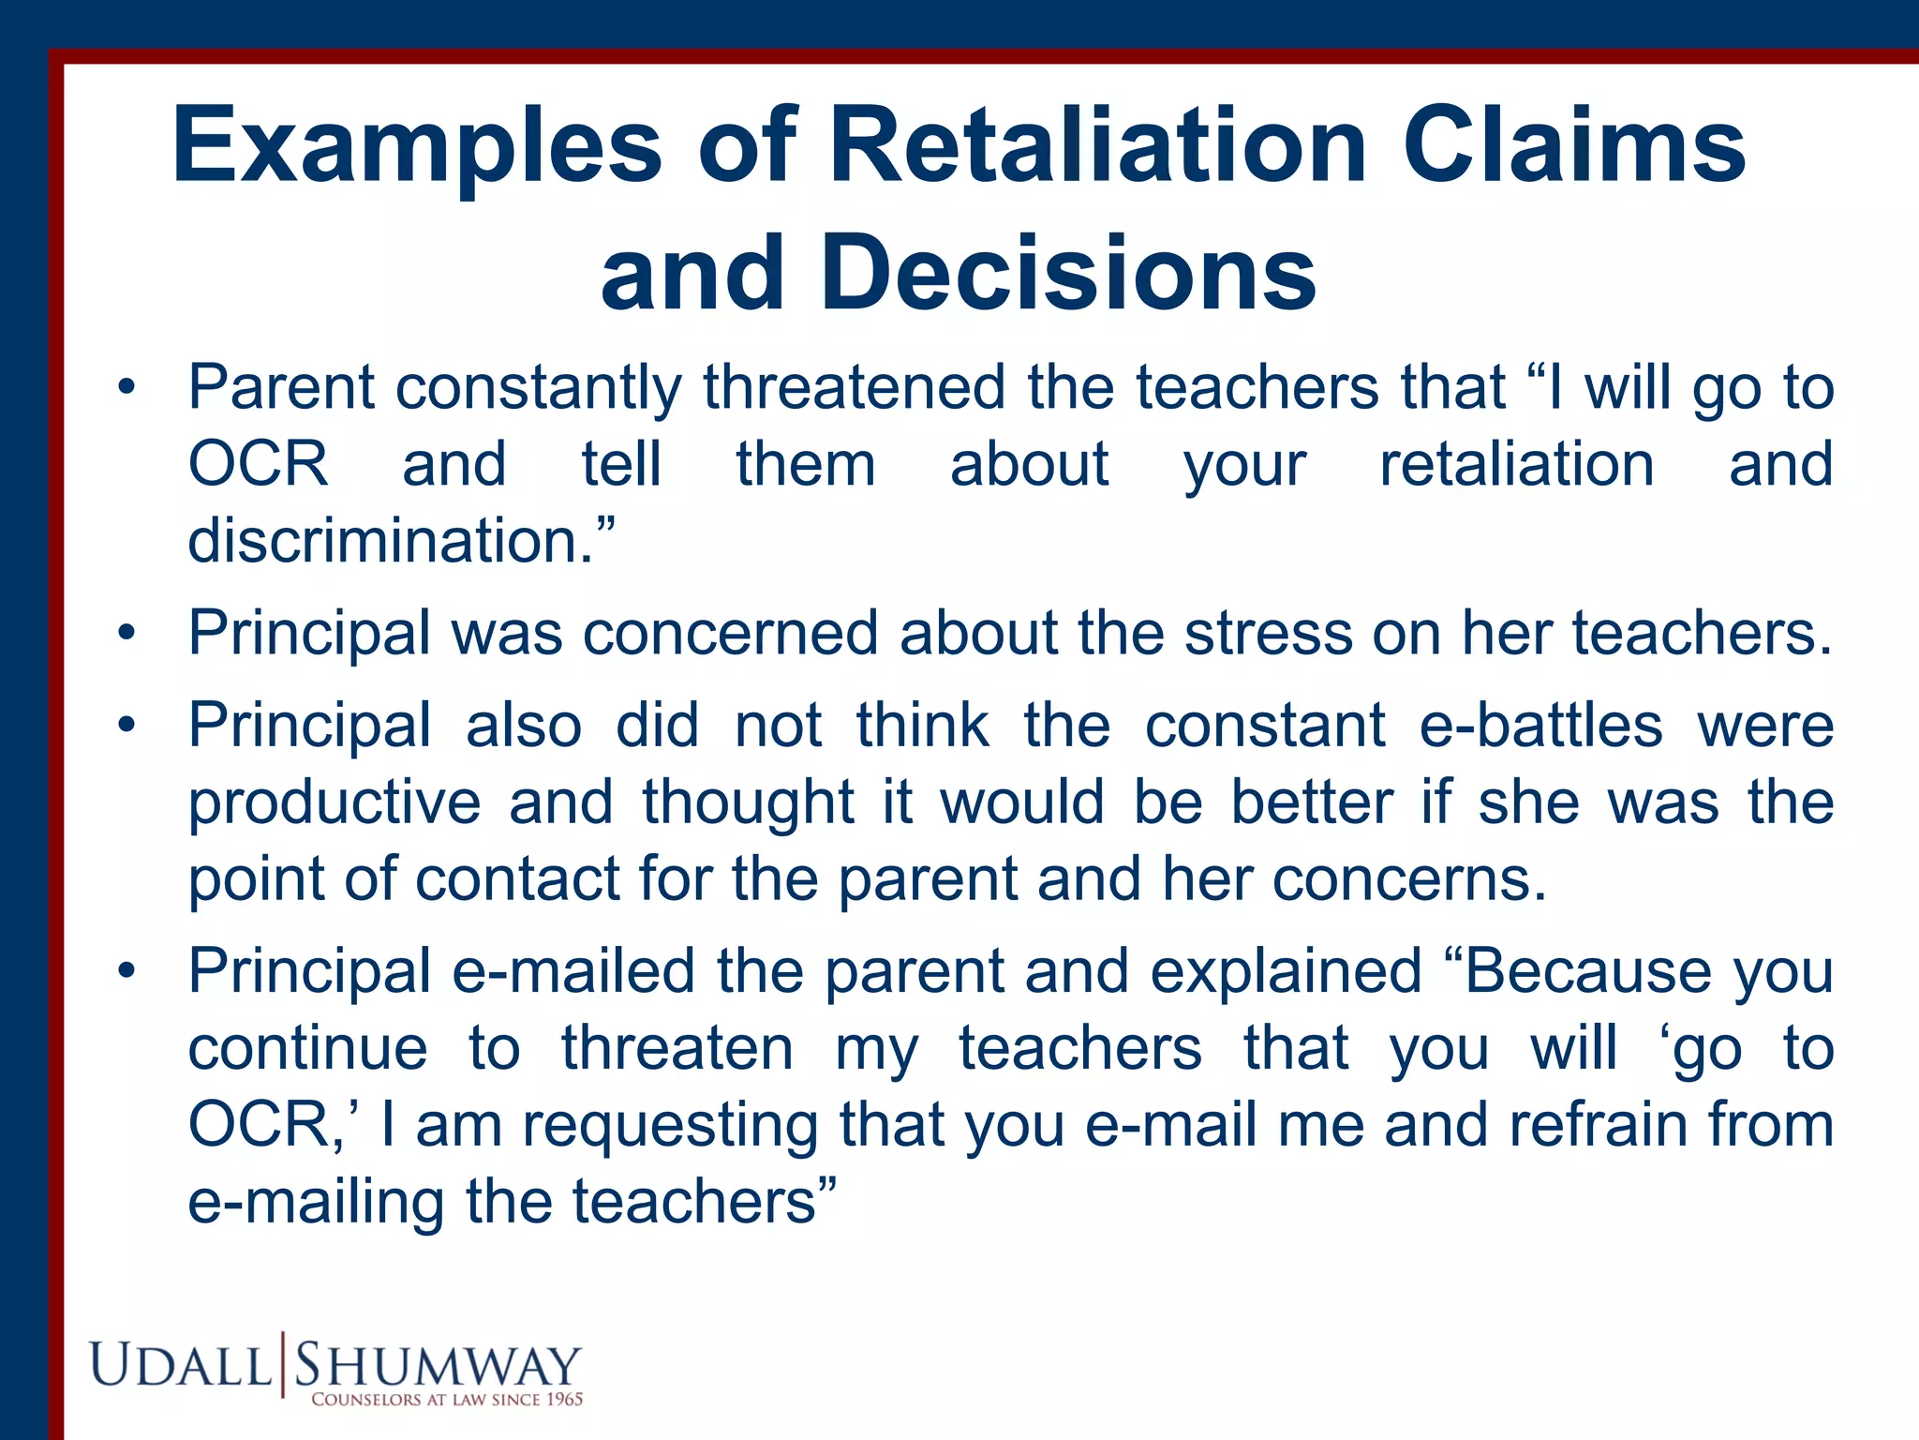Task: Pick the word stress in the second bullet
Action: click(1269, 633)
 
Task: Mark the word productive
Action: click(335, 803)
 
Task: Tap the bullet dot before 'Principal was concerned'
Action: click(126, 634)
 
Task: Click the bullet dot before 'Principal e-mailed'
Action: click(126, 972)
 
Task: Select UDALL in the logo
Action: click(180, 1365)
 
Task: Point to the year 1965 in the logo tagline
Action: click(565, 1400)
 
